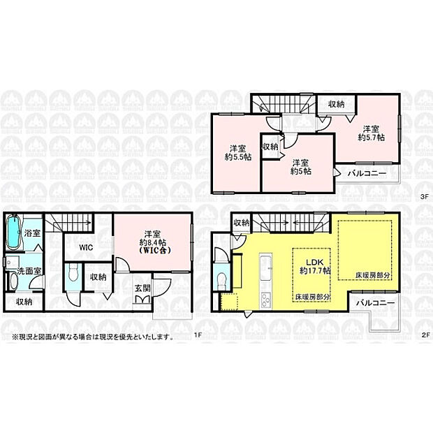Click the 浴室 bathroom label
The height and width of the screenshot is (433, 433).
pyautogui.click(x=32, y=233)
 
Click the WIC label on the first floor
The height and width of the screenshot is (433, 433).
pyautogui.click(x=86, y=247)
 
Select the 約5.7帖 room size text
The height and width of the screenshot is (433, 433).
pyautogui.click(x=371, y=137)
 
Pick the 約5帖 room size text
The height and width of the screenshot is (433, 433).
pyautogui.click(x=301, y=170)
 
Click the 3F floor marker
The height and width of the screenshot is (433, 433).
pyautogui.click(x=423, y=197)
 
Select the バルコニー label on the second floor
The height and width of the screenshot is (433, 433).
pyautogui.click(x=376, y=303)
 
